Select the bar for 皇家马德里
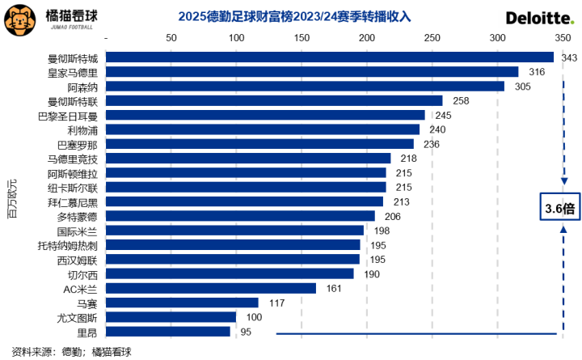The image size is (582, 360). coord(312,72)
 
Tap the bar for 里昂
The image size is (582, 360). coord(168,331)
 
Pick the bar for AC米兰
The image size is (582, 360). coord(211,288)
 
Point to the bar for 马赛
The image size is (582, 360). coord(182,303)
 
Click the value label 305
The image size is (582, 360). coord(522,87)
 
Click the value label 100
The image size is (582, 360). coord(254,317)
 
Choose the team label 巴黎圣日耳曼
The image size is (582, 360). coord(72,116)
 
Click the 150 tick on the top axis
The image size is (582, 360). coord(301,39)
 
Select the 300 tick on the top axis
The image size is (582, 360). coord(497,39)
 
